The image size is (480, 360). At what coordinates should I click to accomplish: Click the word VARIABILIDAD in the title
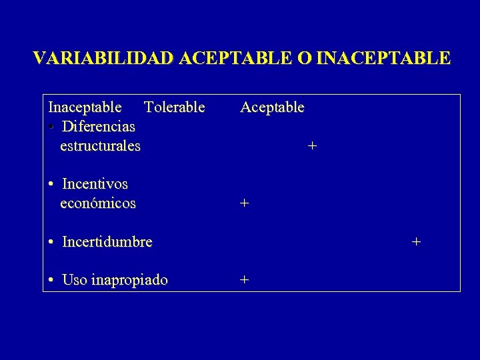pos(104,58)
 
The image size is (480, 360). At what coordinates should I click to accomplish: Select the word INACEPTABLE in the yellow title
pos(384,58)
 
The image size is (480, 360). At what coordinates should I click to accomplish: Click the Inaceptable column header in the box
pos(85,107)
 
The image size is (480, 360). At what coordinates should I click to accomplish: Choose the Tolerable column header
pos(175,107)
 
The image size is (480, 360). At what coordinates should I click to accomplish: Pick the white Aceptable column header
pos(272,107)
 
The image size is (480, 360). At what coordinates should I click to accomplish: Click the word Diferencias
pos(99,126)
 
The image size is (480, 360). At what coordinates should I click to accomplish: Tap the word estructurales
pos(100,145)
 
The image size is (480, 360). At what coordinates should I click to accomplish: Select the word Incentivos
pos(95,183)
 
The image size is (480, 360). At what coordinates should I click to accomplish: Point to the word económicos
pos(97,203)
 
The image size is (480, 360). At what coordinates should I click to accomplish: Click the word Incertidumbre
pos(107,241)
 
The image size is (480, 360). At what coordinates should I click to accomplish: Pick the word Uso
pos(75,280)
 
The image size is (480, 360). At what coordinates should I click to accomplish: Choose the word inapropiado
pos(129,280)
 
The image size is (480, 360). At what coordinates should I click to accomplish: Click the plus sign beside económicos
pos(245,203)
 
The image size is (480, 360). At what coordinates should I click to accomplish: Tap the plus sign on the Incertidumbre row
pos(416,241)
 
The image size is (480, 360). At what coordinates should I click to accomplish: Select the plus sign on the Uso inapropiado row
pos(245,280)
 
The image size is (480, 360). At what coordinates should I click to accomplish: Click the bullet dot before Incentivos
pos(51,183)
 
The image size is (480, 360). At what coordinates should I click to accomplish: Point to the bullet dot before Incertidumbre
pos(51,241)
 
